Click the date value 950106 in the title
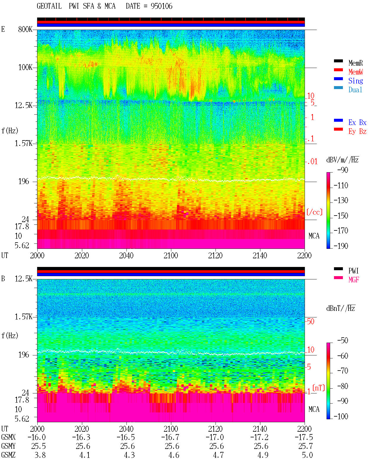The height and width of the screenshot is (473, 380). pos(161,6)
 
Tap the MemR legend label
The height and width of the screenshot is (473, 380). pos(356,63)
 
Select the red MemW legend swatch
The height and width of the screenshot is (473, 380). pos(338,70)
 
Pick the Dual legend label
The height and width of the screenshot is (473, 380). pos(355,90)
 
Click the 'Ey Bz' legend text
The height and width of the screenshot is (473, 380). pos(357,131)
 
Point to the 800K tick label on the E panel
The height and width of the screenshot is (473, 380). pos(25,29)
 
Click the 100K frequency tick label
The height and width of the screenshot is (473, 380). pos(25,67)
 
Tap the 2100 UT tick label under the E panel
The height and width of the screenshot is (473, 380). pos(171,255)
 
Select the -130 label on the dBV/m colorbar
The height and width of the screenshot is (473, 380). pos(341,200)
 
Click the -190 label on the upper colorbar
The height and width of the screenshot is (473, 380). pos(341,246)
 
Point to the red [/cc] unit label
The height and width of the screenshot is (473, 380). pos(314,212)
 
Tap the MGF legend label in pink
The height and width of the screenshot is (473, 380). pos(354,280)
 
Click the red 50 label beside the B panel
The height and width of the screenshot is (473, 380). pos(311,321)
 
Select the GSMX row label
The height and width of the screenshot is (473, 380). pos(8,437)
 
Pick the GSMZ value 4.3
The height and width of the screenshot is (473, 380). pos(129,455)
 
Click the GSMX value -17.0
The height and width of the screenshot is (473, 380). pos(215,437)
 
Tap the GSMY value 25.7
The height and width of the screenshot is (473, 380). pos(305,446)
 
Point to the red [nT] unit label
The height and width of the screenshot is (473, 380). pos(319,388)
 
